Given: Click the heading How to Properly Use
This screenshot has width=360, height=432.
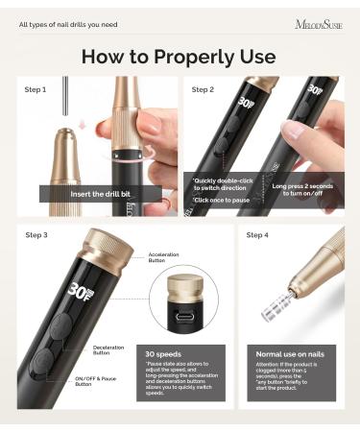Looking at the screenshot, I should point(179,55).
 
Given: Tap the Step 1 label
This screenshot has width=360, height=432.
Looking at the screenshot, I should point(36,89).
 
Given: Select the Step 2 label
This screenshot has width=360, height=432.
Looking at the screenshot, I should point(203,89).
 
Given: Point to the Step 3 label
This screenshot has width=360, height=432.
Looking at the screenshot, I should point(36,234).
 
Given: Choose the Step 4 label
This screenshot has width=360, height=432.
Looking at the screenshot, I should point(257,234).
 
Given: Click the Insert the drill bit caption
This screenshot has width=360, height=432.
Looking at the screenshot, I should point(93,193).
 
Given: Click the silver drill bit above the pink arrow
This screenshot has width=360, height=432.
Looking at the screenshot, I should point(63,100).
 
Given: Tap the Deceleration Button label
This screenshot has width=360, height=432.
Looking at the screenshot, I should point(108,349).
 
